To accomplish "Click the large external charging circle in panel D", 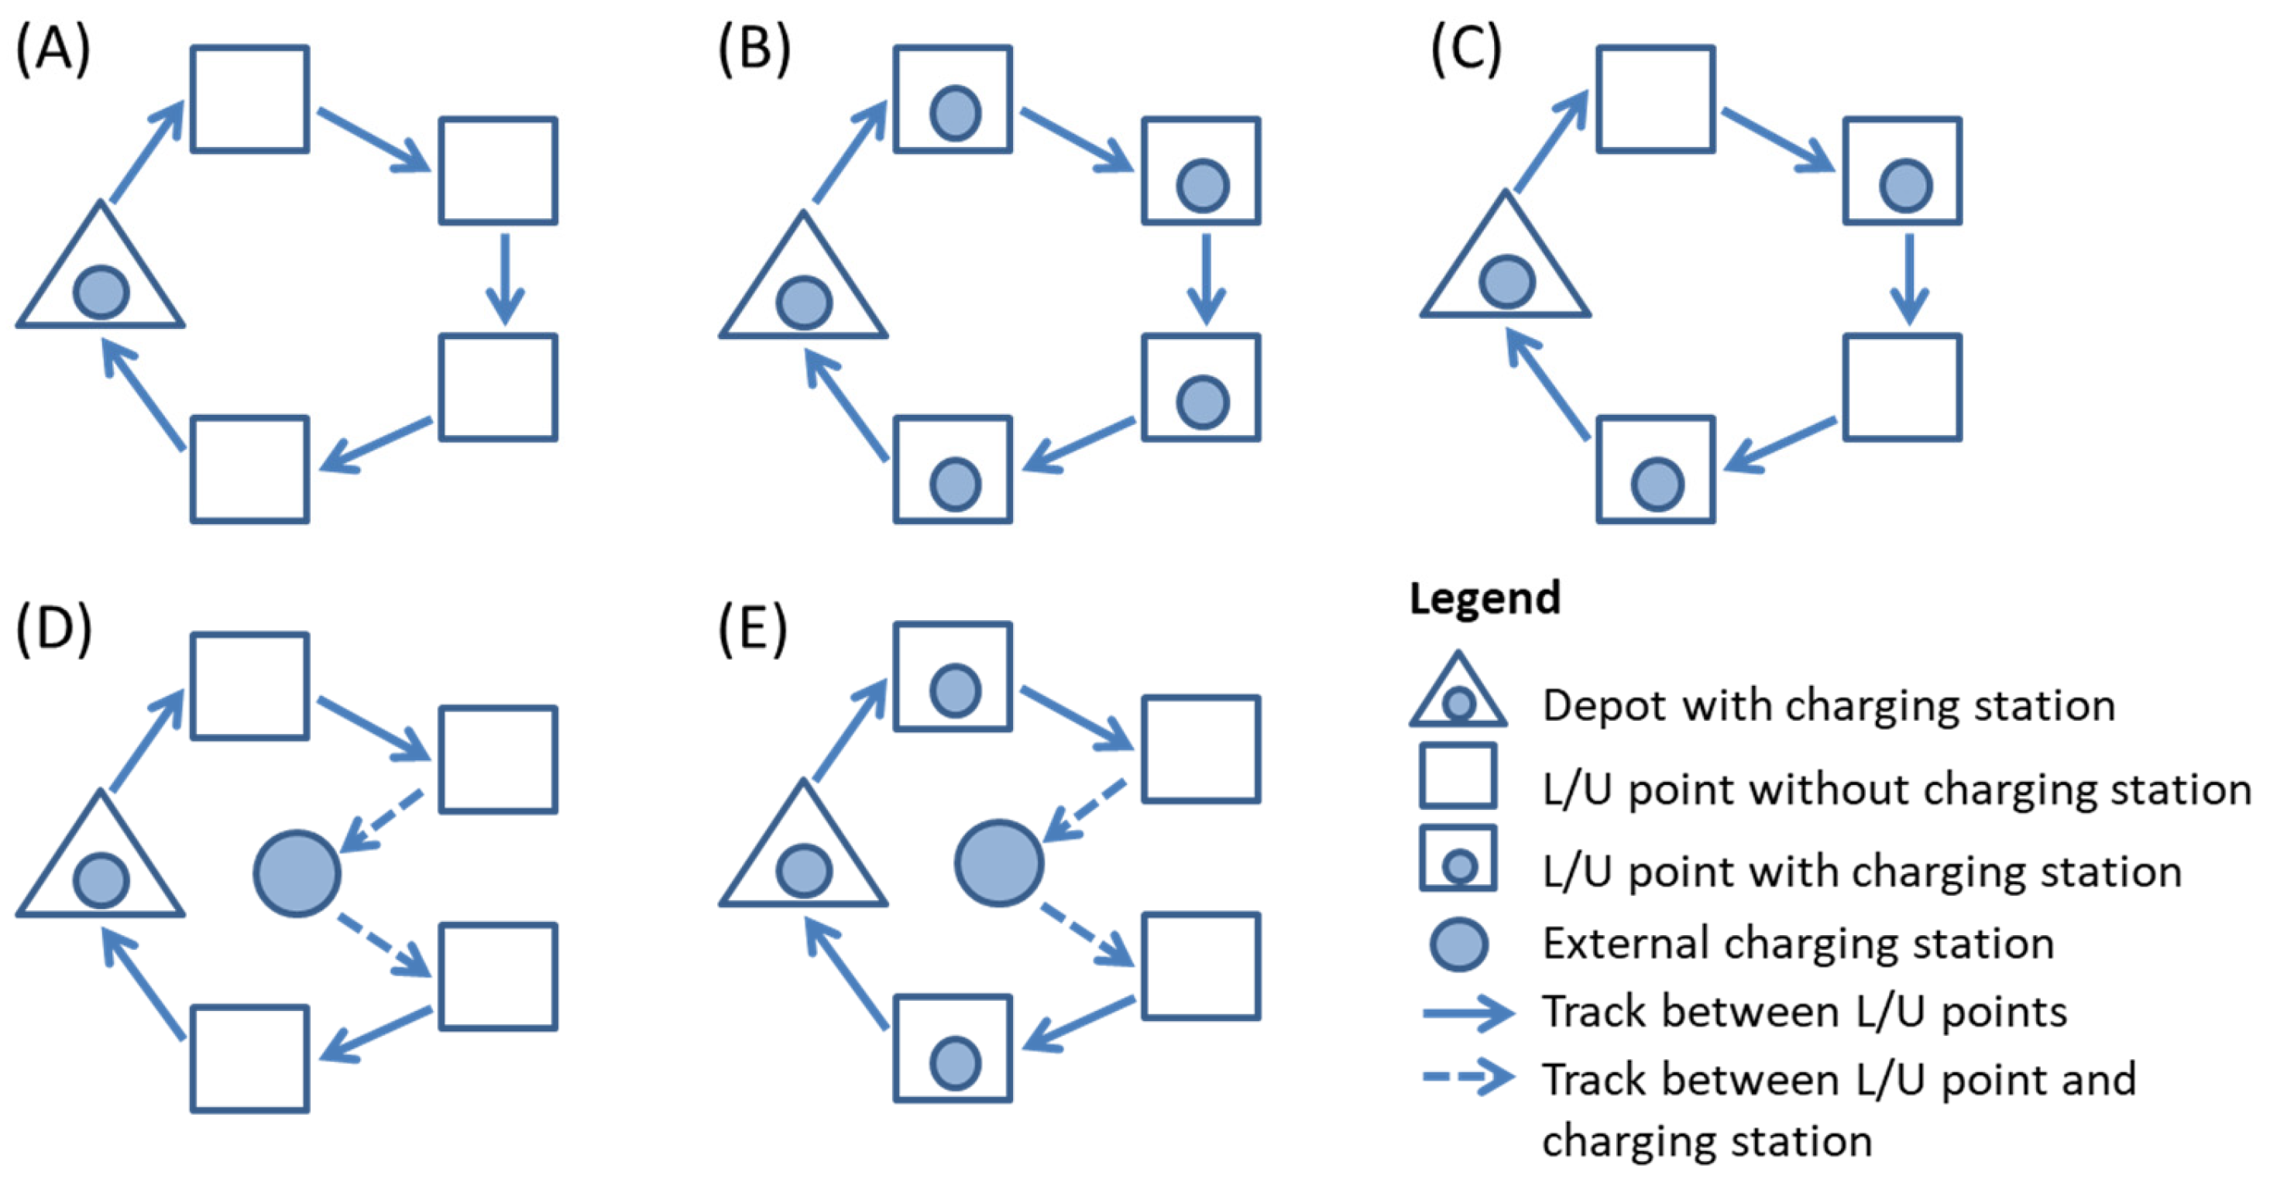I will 297,872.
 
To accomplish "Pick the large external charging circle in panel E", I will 998,862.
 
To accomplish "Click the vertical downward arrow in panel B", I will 1206,278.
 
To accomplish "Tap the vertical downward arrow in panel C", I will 1908,278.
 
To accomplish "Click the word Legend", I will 1485,598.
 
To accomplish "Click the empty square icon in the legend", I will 1458,776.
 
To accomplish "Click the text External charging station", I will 1798,944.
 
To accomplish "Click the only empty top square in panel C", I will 1655,98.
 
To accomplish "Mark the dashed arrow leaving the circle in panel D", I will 383,945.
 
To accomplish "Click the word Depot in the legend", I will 1604,706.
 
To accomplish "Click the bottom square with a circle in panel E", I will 952,1048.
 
